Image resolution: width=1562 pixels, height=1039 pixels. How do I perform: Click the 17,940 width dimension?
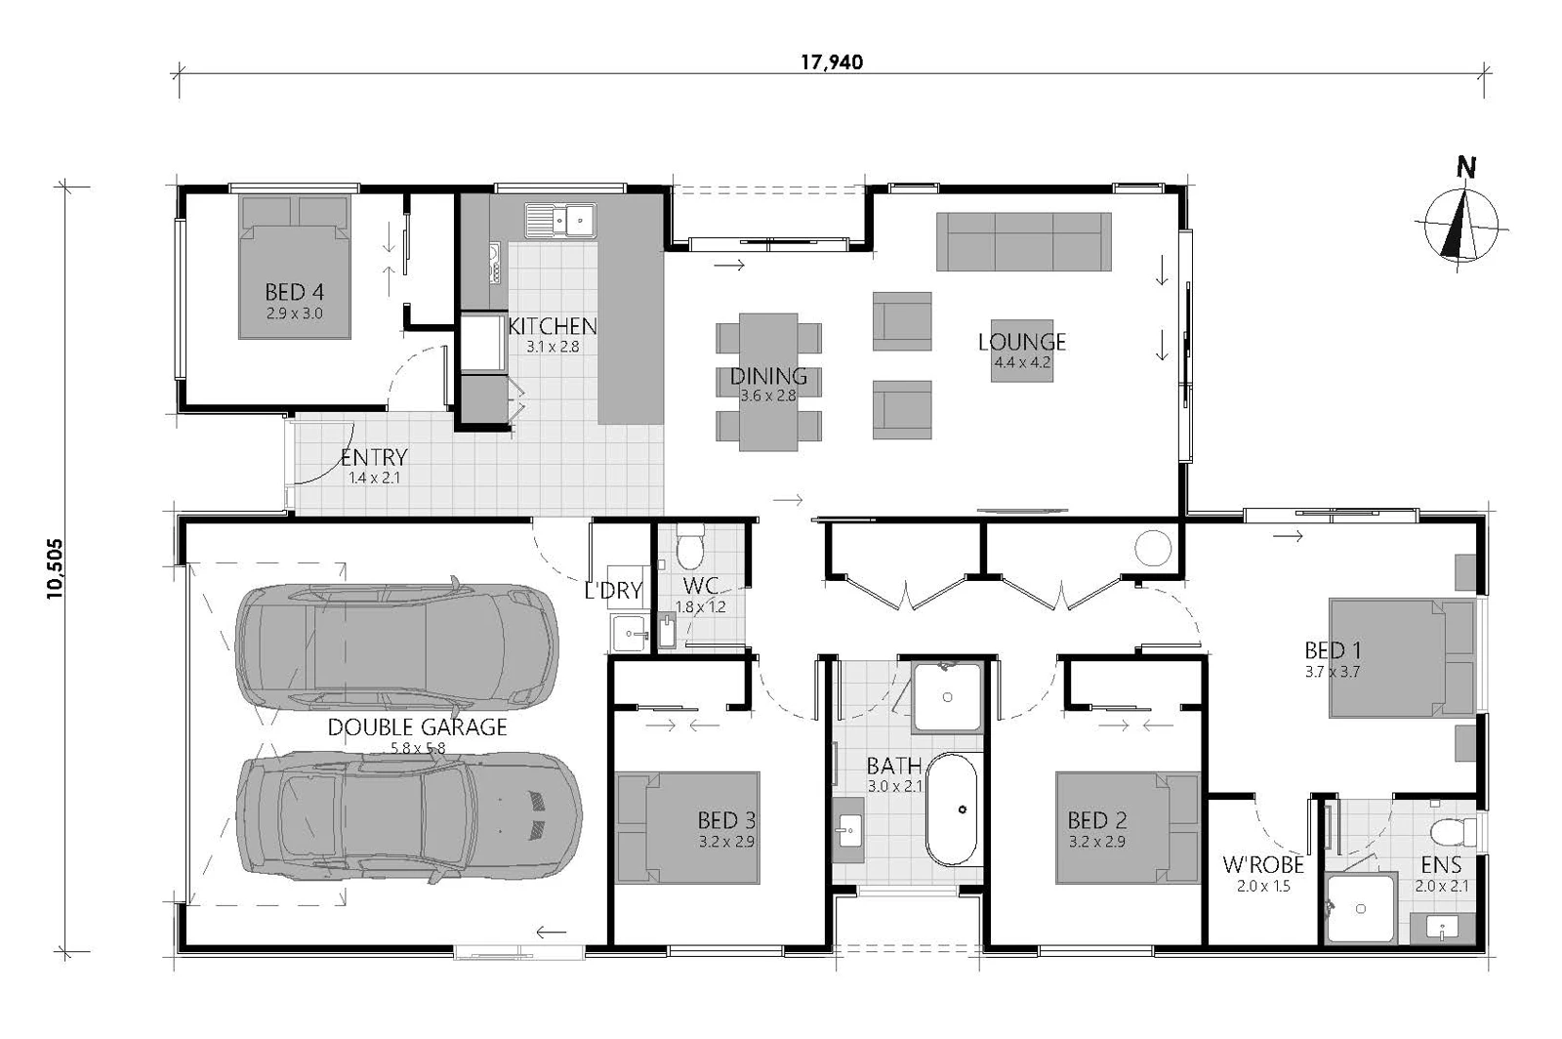click(x=831, y=62)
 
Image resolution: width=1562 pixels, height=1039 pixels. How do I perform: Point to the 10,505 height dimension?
click(x=55, y=568)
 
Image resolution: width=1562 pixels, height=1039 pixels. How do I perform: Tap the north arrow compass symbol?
click(x=1460, y=222)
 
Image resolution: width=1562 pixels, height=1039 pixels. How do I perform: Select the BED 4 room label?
click(x=294, y=291)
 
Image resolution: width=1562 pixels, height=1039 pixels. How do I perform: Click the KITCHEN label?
click(x=553, y=325)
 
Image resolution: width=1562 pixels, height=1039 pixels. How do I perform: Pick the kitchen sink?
click(x=560, y=220)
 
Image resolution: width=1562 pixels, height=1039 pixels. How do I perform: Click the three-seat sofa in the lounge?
click(x=1024, y=241)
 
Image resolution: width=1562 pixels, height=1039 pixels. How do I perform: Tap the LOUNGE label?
click(x=1021, y=342)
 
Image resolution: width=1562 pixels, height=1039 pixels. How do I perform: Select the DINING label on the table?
click(x=768, y=377)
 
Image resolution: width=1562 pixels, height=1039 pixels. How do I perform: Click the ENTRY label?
click(x=374, y=457)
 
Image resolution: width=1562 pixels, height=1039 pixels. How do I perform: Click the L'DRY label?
click(x=613, y=591)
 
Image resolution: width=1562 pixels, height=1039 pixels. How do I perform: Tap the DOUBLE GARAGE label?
click(x=417, y=727)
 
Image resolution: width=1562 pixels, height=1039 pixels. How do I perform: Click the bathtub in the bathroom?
click(x=951, y=809)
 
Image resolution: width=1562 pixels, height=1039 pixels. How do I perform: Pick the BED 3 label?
click(x=726, y=820)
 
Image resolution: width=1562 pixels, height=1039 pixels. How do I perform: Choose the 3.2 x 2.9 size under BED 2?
click(x=1097, y=842)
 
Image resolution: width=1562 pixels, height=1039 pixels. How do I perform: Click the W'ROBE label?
click(x=1263, y=865)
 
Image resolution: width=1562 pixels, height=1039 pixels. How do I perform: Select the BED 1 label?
click(x=1333, y=650)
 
